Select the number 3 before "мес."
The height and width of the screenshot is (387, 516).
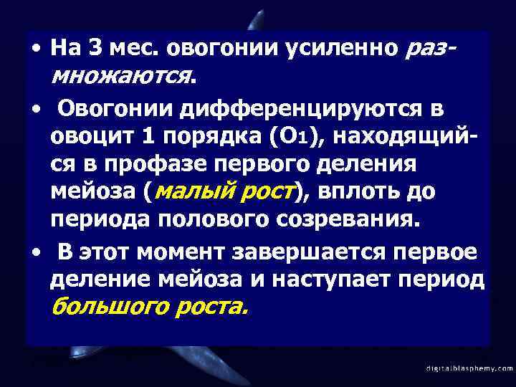97,49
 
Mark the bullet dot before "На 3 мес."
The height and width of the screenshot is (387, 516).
34,49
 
